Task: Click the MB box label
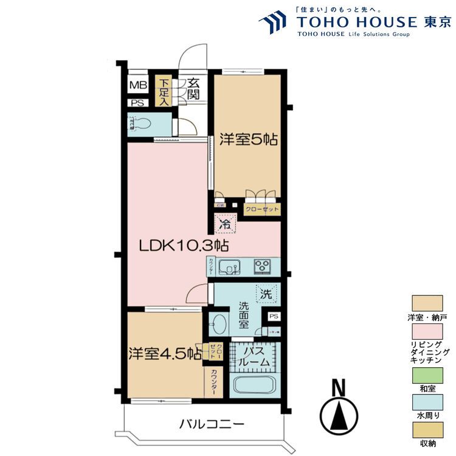[x=138, y=85]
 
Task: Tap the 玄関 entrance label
[x=193, y=89]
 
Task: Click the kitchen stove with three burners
[x=263, y=266]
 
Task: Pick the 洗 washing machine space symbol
[x=266, y=293]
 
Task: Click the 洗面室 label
[x=244, y=315]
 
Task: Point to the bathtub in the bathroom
[x=254, y=385]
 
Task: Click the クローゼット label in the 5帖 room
[x=262, y=210]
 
